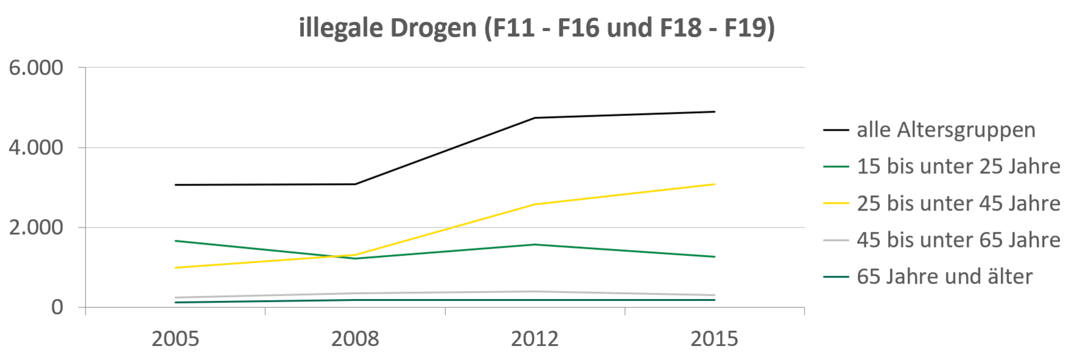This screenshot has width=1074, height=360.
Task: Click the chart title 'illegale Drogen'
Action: tap(387, 29)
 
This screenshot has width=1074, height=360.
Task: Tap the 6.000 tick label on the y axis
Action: tap(36, 68)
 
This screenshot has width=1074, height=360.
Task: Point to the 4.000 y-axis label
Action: tap(36, 148)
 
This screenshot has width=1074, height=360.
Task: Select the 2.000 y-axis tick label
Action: tap(36, 228)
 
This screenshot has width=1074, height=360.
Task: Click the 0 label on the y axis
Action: tap(57, 307)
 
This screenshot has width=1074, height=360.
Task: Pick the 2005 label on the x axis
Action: tap(175, 339)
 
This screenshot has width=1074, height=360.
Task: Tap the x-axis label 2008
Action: tap(355, 339)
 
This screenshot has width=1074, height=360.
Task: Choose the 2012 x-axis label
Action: tap(535, 339)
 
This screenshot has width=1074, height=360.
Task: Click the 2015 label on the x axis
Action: tap(715, 339)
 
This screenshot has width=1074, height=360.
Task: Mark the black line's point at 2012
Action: tap(535, 118)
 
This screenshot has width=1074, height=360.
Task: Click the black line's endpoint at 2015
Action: tap(715, 112)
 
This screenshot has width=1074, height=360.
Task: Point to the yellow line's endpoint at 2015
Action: tap(715, 184)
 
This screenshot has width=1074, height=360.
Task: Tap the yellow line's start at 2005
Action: tap(175, 268)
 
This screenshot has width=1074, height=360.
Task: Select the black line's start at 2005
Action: tap(175, 185)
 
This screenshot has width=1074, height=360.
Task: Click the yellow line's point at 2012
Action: tap(535, 204)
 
